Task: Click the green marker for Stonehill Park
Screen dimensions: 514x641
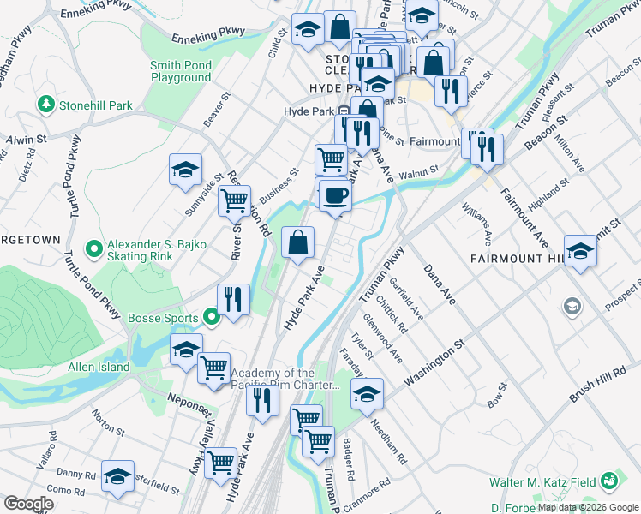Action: pyautogui.click(x=45, y=105)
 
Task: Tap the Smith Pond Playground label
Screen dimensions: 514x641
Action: pyautogui.click(x=180, y=71)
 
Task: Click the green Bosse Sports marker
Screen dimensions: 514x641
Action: pyautogui.click(x=213, y=318)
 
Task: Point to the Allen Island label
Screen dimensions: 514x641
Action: pyautogui.click(x=99, y=368)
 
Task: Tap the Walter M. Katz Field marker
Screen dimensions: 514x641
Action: pyautogui.click(x=609, y=482)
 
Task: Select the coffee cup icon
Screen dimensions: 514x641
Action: pyautogui.click(x=335, y=196)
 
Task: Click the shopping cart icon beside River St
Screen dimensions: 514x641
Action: pyautogui.click(x=234, y=202)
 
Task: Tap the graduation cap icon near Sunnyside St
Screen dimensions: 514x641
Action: pyautogui.click(x=184, y=170)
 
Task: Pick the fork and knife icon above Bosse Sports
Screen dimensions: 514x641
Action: pyautogui.click(x=233, y=299)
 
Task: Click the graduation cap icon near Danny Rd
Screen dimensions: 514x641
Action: pyautogui.click(x=117, y=476)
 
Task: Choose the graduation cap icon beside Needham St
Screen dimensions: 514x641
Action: pyautogui.click(x=367, y=393)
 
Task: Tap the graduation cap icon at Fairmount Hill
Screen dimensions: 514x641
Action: pyautogui.click(x=580, y=251)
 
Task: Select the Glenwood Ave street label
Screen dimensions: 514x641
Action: pyautogui.click(x=383, y=338)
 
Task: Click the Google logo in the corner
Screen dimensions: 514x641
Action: pyautogui.click(x=28, y=504)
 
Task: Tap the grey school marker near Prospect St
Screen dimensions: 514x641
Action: pyautogui.click(x=571, y=306)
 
